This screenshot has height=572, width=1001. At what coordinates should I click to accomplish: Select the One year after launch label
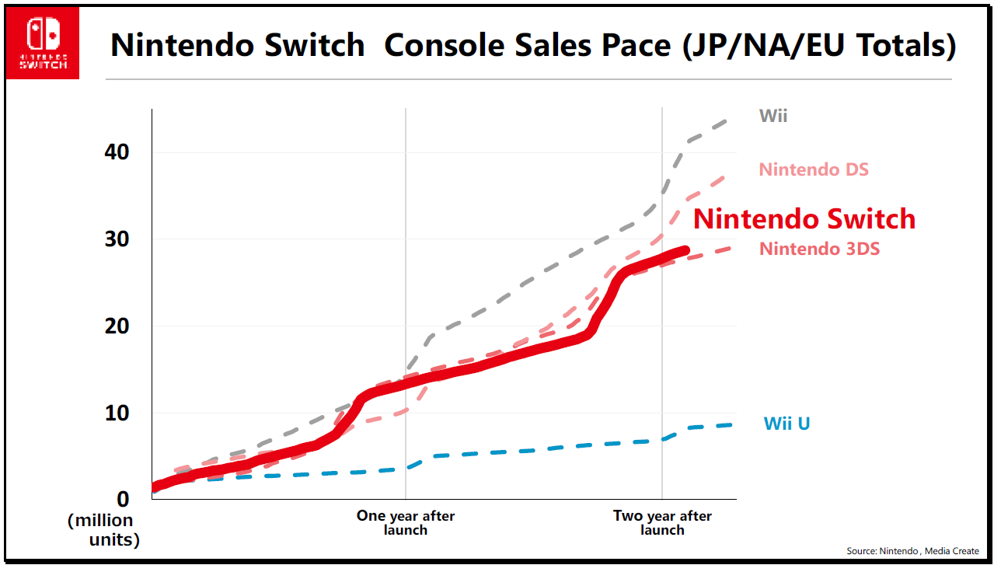(406, 522)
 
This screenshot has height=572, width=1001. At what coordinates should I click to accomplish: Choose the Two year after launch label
(662, 522)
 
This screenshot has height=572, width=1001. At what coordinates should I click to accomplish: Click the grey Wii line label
(773, 117)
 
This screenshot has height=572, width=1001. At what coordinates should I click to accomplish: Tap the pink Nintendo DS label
(814, 169)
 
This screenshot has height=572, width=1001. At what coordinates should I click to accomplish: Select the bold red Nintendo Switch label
(804, 219)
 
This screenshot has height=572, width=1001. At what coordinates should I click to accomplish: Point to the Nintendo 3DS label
(819, 249)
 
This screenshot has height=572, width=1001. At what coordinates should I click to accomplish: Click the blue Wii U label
(786, 424)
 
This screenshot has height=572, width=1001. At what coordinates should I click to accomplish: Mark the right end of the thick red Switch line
(686, 250)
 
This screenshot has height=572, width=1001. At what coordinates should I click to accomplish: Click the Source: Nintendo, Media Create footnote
(912, 551)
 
